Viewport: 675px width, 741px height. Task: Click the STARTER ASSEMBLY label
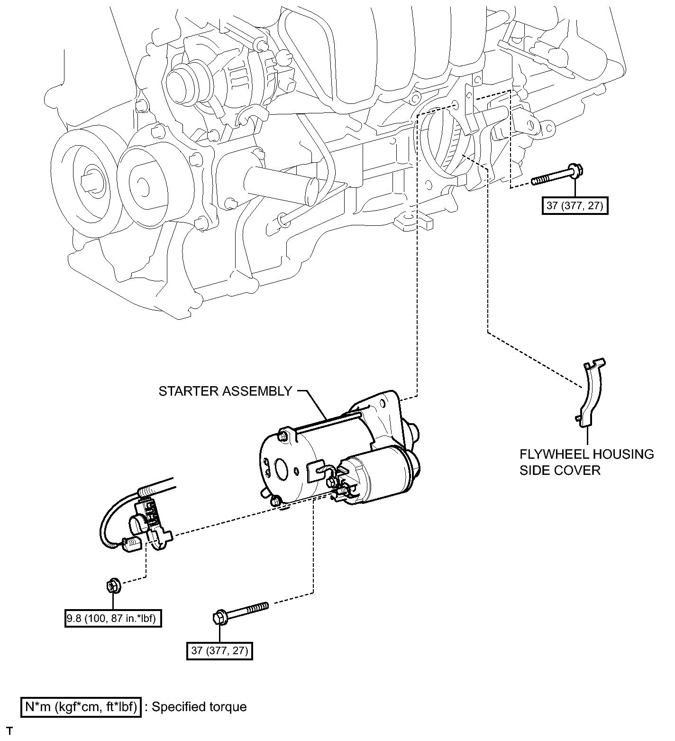pos(225,391)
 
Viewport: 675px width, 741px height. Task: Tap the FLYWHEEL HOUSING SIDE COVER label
pos(587,462)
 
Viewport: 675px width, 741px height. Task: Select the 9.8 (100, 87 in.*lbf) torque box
pos(113,619)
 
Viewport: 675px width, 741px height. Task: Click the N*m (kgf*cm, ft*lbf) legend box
pos(81,707)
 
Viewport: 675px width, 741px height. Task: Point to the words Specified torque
pos(200,707)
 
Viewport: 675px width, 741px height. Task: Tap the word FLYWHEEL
pos(553,454)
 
